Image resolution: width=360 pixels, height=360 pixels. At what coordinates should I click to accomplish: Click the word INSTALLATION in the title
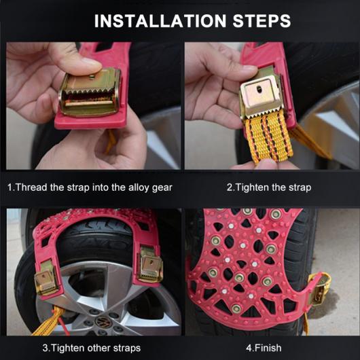[160, 21]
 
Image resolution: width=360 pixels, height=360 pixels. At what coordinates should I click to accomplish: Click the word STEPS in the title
[262, 21]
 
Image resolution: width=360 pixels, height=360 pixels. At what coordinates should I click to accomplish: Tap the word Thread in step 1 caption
[31, 187]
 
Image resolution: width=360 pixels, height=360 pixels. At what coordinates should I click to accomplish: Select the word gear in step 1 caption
[162, 187]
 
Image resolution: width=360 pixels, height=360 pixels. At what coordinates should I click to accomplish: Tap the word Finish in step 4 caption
[268, 348]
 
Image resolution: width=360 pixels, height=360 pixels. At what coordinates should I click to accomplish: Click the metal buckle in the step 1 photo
[90, 92]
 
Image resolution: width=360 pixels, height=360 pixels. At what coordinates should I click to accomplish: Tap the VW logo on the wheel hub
[103, 322]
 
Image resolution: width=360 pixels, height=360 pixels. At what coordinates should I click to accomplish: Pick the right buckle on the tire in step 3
[150, 265]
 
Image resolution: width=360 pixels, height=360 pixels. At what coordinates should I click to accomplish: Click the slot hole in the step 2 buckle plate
[259, 88]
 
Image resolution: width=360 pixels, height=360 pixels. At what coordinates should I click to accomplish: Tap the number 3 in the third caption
[46, 348]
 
